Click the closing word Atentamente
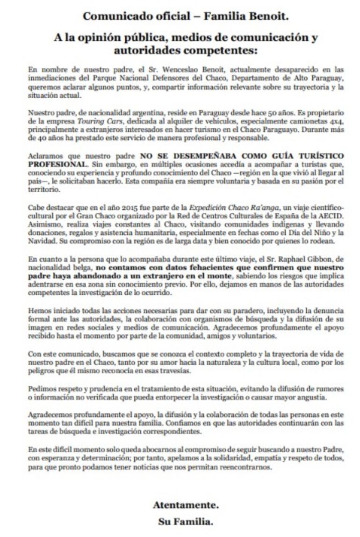pos(186,505)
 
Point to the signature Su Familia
pos(186,522)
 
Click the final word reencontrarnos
pos(244,467)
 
